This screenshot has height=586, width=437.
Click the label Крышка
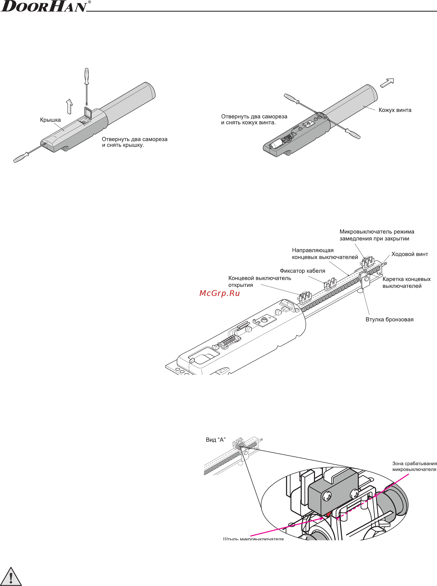pyautogui.click(x=50, y=120)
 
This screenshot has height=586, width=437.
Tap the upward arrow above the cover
pyautogui.click(x=69, y=106)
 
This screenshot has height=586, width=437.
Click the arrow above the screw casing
pyautogui.click(x=387, y=83)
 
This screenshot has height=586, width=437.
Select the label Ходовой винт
pyautogui.click(x=409, y=254)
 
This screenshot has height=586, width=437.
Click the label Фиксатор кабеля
pyautogui.click(x=302, y=271)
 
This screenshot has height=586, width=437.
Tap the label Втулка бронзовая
pyautogui.click(x=389, y=319)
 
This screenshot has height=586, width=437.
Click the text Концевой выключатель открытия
pyautogui.click(x=260, y=281)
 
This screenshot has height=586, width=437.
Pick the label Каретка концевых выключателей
pyautogui.click(x=406, y=283)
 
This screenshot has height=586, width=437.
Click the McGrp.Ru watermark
pyautogui.click(x=220, y=293)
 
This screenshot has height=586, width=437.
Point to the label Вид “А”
pyautogui.click(x=216, y=440)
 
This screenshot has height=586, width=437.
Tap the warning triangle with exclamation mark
pyautogui.click(x=11, y=576)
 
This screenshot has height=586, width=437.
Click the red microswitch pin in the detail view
pyautogui.click(x=328, y=514)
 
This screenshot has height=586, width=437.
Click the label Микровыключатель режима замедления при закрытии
pyautogui.click(x=377, y=235)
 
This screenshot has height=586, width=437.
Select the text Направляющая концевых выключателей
pyautogui.click(x=325, y=254)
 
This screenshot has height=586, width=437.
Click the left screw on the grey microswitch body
pyautogui.click(x=327, y=495)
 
